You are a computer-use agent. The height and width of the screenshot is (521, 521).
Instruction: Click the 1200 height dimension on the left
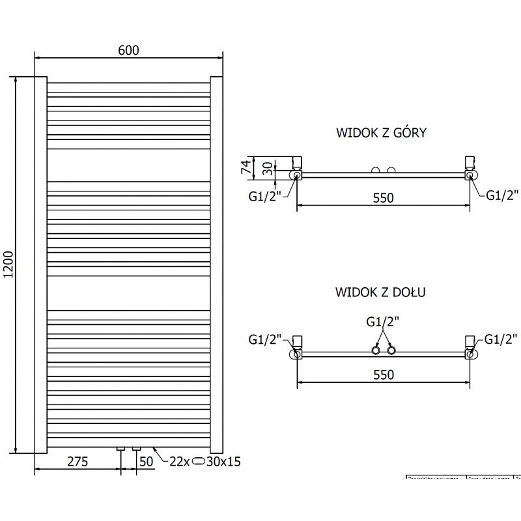coord(8,265)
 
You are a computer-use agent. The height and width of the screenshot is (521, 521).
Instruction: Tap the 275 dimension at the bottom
coord(77,462)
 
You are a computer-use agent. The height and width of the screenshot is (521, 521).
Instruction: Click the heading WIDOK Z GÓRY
coord(381,133)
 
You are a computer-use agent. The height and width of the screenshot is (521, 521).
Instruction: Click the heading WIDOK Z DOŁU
coord(381,292)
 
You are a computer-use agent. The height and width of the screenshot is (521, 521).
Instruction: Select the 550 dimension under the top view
coord(383,197)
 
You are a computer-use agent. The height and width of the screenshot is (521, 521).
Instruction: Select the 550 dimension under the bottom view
coord(383,374)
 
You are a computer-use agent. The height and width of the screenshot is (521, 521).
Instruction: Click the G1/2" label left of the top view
coord(264,195)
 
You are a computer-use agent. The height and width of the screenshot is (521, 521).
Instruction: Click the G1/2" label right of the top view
coord(503,194)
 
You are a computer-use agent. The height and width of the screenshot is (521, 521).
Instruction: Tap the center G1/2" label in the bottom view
coord(382,321)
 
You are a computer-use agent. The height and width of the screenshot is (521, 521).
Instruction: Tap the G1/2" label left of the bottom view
coord(264,339)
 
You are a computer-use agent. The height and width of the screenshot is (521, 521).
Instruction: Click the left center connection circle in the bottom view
coord(376,351)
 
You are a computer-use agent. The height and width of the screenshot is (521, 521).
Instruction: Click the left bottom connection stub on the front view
coord(120,449)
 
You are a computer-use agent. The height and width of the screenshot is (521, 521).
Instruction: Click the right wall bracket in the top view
coord(468,162)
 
